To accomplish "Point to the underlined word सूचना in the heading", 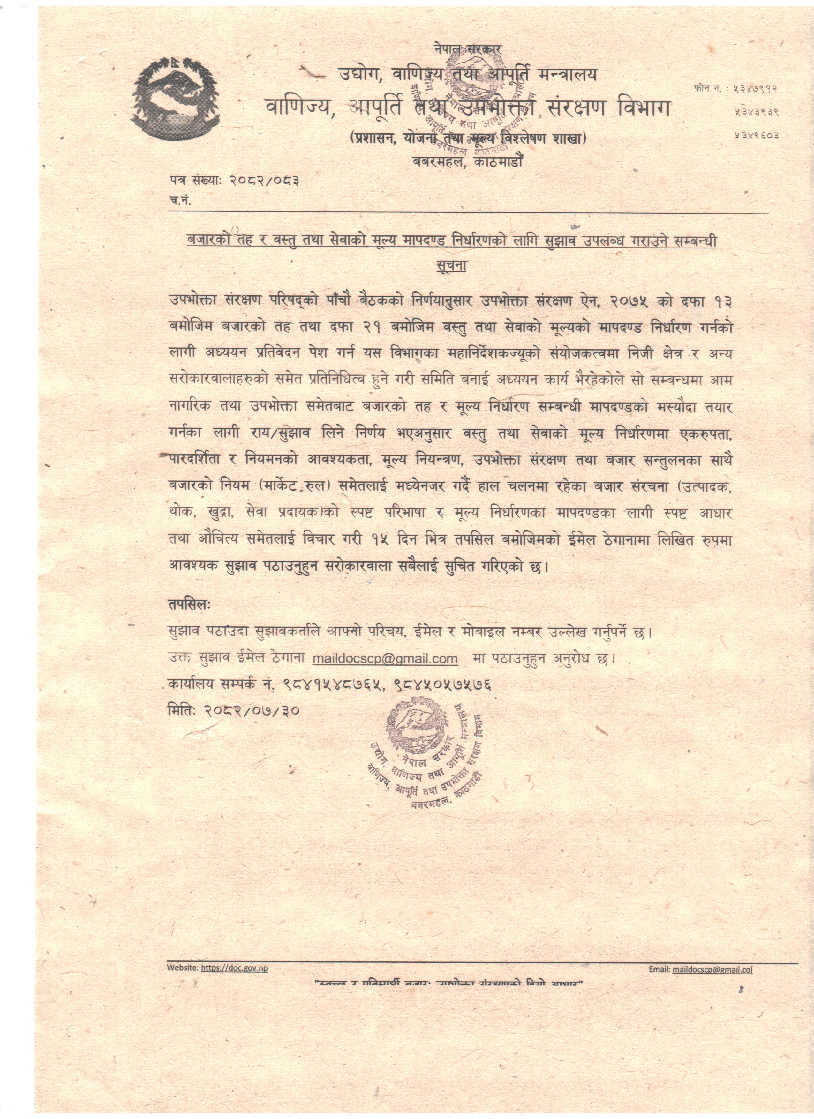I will pos(451,265).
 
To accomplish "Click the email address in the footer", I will pos(712,969).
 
